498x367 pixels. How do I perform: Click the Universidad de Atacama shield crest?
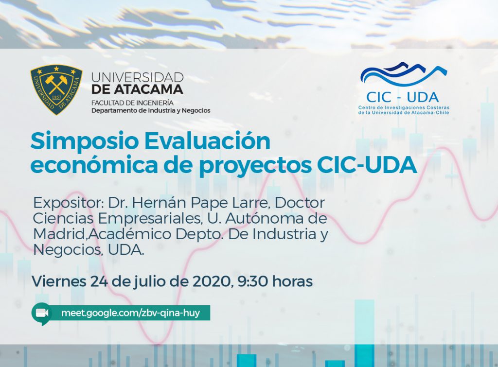point(56,89)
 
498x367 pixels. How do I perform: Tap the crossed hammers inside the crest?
point(56,83)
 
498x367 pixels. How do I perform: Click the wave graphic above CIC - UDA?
point(403,74)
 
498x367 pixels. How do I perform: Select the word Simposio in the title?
point(85,141)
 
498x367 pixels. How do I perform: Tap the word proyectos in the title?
point(255,166)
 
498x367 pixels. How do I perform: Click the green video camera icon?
point(42,314)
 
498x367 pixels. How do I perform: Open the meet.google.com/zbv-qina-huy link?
point(130,313)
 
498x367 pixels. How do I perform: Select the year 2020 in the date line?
point(212,281)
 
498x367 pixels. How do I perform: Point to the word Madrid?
point(60,234)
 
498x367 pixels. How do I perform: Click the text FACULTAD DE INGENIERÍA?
point(132,103)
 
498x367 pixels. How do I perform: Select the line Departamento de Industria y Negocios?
point(151,111)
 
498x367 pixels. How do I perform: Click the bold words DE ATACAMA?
point(137,89)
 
